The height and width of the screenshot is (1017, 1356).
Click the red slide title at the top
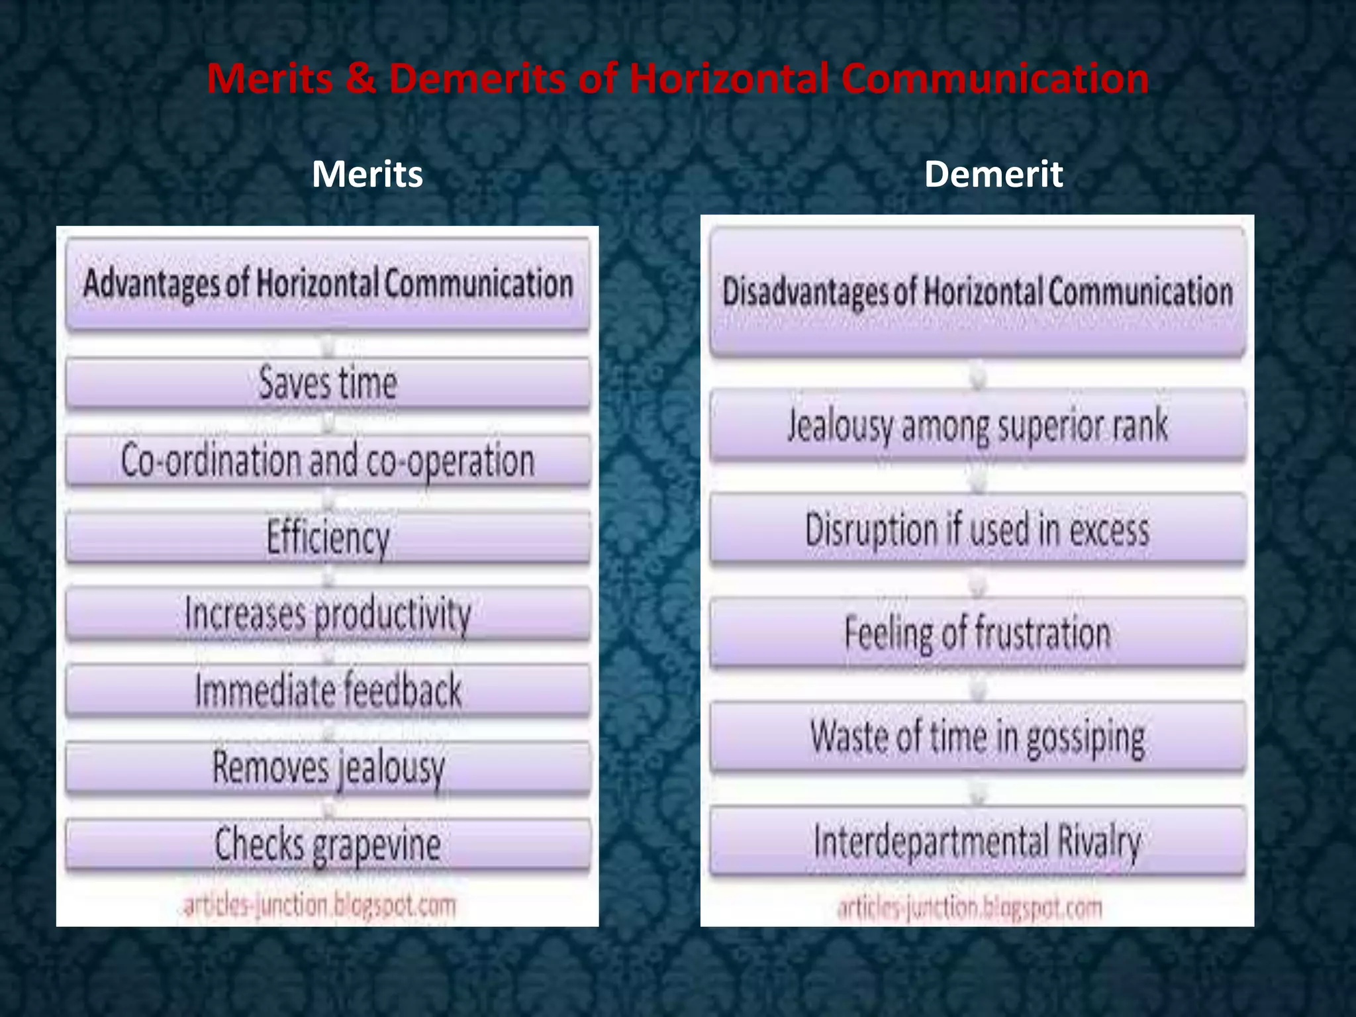pyautogui.click(x=677, y=79)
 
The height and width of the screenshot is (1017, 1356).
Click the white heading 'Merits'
pyautogui.click(x=367, y=174)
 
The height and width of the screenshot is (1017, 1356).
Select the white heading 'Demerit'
pyautogui.click(x=993, y=174)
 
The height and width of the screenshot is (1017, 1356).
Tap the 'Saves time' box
pyautogui.click(x=328, y=383)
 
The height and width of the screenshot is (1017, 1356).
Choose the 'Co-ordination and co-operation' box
pyautogui.click(x=328, y=461)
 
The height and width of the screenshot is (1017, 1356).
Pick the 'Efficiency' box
pyautogui.click(x=328, y=537)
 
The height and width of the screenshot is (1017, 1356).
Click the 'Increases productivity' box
pyautogui.click(x=328, y=614)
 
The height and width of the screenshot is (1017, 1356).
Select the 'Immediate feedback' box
pyautogui.click(x=328, y=691)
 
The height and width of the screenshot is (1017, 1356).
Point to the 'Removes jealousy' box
pyautogui.click(x=328, y=767)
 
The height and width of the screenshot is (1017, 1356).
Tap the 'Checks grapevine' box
pyautogui.click(x=328, y=844)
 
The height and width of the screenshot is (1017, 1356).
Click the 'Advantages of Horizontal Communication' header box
pyautogui.click(x=328, y=283)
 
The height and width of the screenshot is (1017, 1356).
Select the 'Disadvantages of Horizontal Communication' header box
pyautogui.click(x=978, y=292)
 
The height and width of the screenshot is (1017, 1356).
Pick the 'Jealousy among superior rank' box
pyautogui.click(x=978, y=426)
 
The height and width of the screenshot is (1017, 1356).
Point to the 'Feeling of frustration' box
pyautogui.click(x=978, y=633)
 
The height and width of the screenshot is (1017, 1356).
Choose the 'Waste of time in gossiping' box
pyautogui.click(x=978, y=737)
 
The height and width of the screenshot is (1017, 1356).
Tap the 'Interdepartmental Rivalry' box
pyautogui.click(x=978, y=841)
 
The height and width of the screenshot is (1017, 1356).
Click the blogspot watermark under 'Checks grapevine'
pyautogui.click(x=320, y=905)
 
